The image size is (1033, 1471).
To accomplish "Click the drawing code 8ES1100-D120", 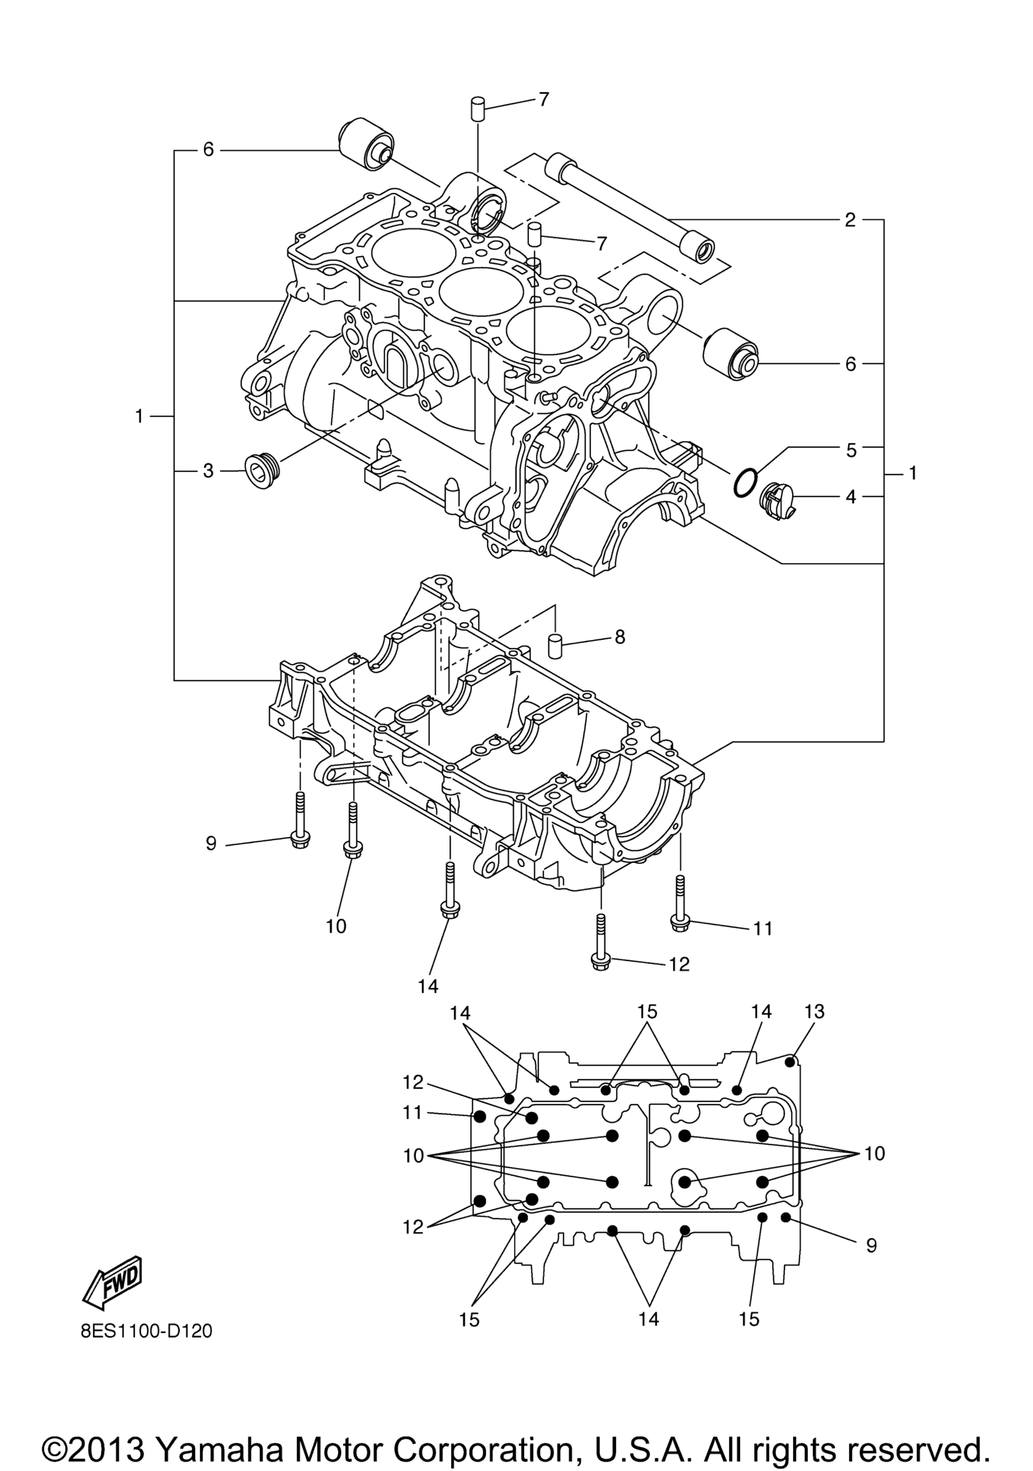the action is (147, 1331).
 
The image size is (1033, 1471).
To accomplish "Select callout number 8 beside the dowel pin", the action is (619, 638).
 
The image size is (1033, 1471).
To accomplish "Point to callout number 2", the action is (850, 220).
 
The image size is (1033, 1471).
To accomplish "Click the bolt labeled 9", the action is (299, 821).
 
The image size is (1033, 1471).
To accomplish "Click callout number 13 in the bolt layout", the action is (814, 1011).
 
